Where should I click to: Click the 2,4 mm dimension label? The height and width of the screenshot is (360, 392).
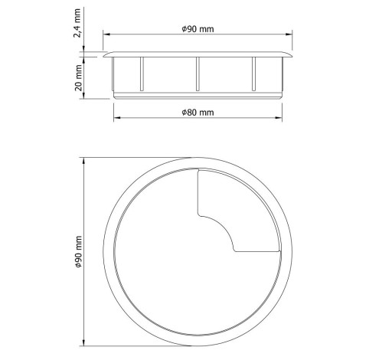[x=77, y=23]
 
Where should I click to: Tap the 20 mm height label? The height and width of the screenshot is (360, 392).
[x=79, y=77]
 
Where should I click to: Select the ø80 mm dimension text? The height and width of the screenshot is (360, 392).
[x=198, y=113]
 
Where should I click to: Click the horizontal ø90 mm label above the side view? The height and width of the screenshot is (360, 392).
[x=198, y=29]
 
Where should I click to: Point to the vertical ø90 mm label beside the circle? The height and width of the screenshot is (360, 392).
[x=79, y=251]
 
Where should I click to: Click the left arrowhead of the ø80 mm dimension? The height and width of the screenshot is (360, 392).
[x=117, y=118]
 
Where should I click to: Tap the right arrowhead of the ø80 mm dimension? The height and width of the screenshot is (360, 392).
[x=279, y=118]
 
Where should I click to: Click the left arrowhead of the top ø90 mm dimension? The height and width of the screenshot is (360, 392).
[x=106, y=34]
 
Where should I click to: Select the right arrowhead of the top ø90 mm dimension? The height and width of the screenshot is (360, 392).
[x=289, y=34]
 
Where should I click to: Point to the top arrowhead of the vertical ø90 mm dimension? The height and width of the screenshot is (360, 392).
[x=84, y=161]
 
